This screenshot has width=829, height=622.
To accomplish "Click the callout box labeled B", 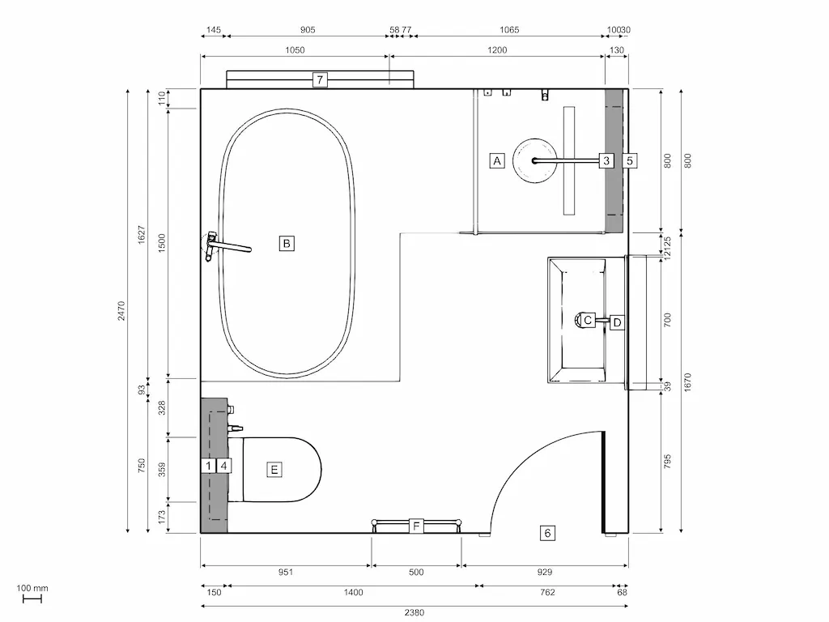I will click(x=287, y=242).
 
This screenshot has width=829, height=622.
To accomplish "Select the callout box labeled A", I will click(x=498, y=160).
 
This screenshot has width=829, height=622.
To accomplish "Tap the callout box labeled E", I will click(x=274, y=469).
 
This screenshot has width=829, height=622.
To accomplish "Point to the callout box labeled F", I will click(x=416, y=526).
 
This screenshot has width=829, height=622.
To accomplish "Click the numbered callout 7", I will click(x=321, y=79).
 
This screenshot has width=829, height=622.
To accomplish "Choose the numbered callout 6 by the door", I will click(x=548, y=532).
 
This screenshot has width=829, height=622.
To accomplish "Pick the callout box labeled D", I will click(x=617, y=322).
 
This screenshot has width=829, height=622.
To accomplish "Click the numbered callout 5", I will click(x=630, y=160).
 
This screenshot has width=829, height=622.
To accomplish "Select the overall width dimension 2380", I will click(x=414, y=612).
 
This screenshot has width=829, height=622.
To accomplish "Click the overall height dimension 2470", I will click(x=121, y=310).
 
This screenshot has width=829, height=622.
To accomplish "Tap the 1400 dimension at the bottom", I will click(x=353, y=592).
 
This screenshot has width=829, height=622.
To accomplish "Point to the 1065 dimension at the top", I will click(x=509, y=30).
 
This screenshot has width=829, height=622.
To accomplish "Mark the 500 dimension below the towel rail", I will click(x=416, y=572).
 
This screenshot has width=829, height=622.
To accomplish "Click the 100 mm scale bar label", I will click(x=32, y=588).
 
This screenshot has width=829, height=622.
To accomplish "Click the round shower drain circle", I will click(x=534, y=160).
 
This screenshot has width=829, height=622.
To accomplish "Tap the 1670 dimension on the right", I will click(x=687, y=382).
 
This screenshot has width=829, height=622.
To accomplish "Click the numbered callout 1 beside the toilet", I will click(x=208, y=466).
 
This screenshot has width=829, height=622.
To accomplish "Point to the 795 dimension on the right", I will click(x=668, y=462).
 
